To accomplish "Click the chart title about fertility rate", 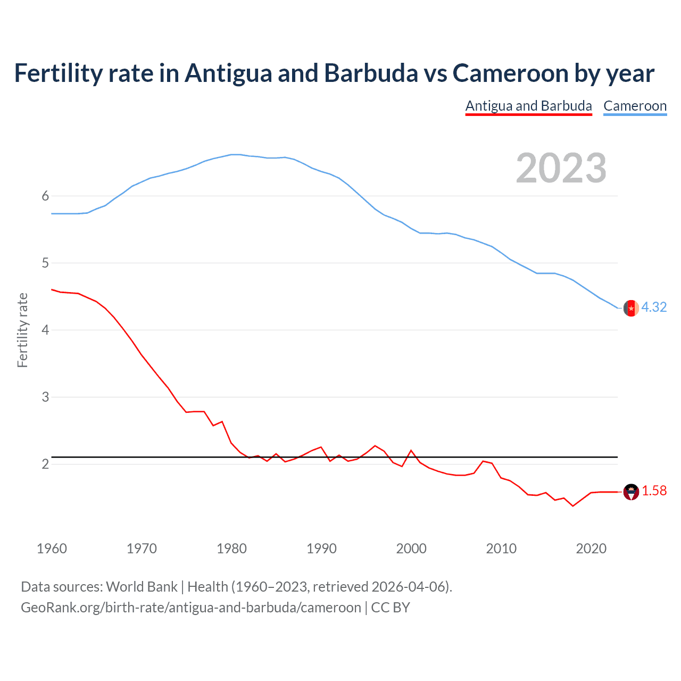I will click(334, 73).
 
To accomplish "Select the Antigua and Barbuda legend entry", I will click(528, 106).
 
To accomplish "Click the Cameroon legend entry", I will click(635, 106).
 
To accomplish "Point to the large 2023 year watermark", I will click(561, 168).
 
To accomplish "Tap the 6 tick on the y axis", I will click(45, 196).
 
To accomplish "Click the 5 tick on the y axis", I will click(45, 263).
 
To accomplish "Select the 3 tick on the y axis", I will click(45, 397).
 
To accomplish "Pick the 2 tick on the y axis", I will click(45, 464).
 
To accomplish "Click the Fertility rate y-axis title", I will click(22, 330).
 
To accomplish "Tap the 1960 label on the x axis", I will click(52, 549).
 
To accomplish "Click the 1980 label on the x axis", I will click(231, 549).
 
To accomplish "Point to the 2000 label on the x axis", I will click(411, 549).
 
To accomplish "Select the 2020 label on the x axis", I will click(591, 549).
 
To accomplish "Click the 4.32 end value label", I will click(654, 307).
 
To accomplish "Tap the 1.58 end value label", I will click(654, 491).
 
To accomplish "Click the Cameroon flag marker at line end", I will click(631, 308).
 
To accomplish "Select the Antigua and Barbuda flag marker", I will click(631, 492).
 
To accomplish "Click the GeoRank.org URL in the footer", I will click(191, 608).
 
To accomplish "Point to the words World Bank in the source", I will click(142, 587).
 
